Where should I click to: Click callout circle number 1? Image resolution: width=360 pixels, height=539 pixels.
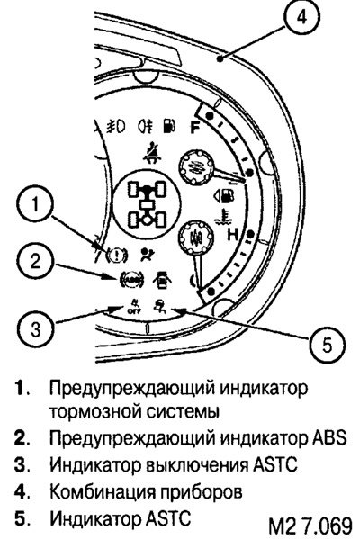click(x=35, y=204)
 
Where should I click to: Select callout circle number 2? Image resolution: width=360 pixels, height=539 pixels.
click(x=35, y=261)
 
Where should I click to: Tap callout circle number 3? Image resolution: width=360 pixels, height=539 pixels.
click(x=35, y=329)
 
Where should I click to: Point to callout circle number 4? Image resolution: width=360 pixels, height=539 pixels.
click(x=301, y=17)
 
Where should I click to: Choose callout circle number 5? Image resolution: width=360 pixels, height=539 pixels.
click(x=327, y=344)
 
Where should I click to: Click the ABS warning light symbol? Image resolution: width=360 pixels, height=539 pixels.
click(x=131, y=280)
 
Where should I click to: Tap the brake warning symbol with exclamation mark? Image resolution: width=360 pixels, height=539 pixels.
click(x=117, y=256)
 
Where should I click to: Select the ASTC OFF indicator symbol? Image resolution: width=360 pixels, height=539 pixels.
click(x=134, y=306)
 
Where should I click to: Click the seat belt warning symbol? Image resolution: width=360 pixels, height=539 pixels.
click(x=153, y=153)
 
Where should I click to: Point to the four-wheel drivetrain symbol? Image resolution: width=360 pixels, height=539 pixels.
click(x=147, y=205)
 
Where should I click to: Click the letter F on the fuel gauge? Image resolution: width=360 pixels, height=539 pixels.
click(x=195, y=128)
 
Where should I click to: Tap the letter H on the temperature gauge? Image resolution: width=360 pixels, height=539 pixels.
click(x=233, y=235)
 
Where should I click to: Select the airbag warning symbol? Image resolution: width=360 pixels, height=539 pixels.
click(x=148, y=255)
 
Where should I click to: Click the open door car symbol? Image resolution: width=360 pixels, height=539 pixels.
click(x=162, y=280)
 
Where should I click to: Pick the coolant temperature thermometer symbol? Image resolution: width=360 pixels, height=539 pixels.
click(x=224, y=217)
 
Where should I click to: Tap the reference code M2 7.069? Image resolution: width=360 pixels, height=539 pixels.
click(x=310, y=526)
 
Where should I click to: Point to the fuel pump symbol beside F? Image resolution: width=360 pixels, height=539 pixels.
click(x=168, y=126)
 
